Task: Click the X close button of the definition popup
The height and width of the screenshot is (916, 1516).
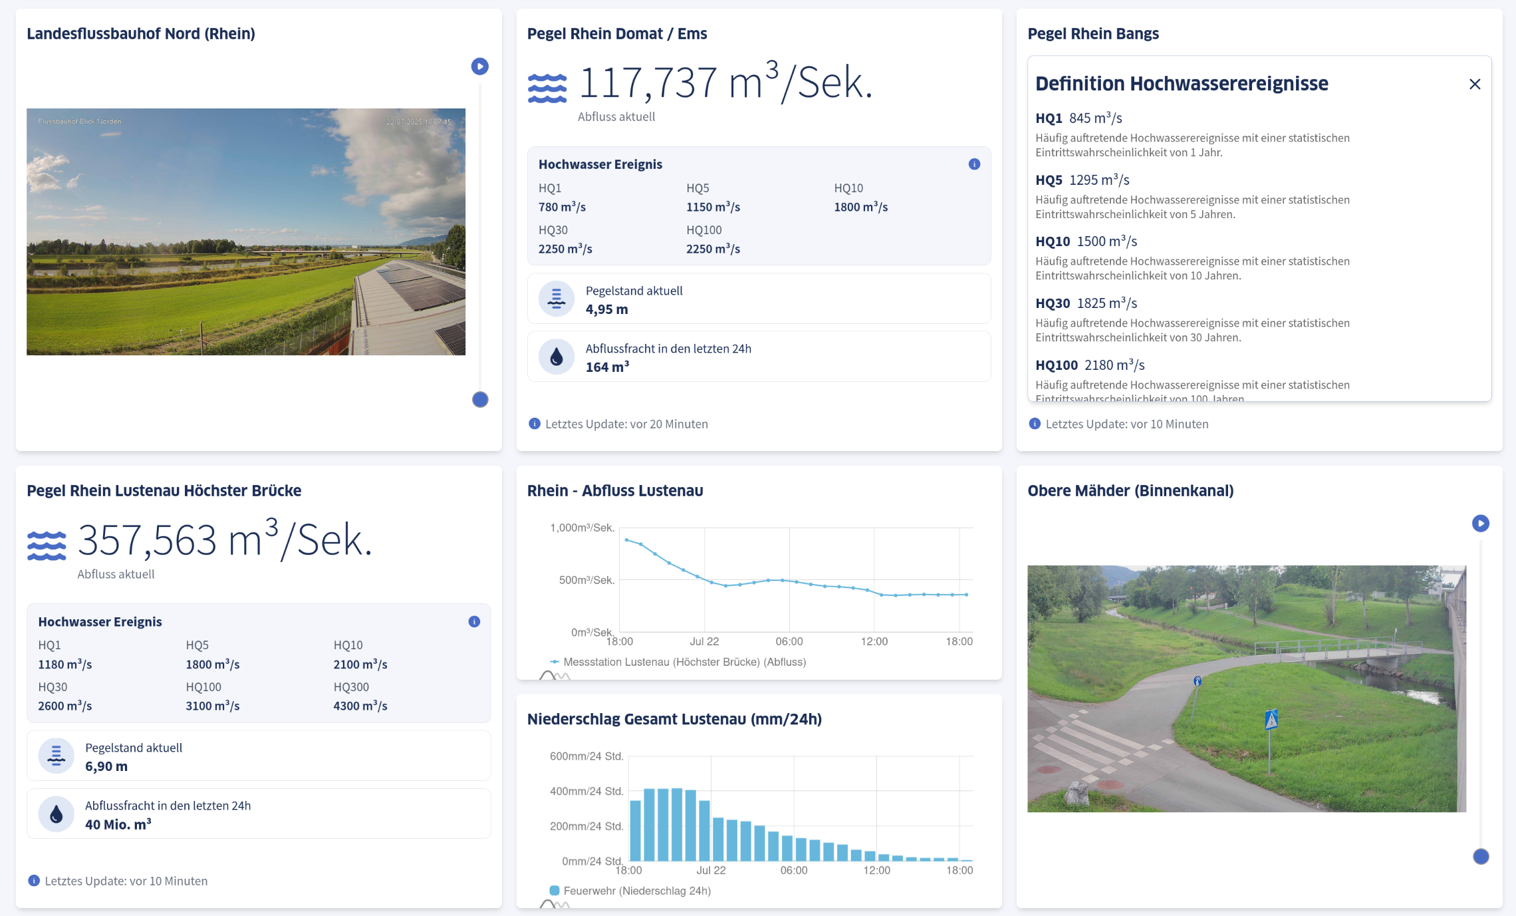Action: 1474,84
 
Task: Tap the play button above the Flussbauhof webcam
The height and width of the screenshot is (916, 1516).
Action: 479,67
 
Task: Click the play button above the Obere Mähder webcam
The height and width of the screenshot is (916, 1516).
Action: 1480,524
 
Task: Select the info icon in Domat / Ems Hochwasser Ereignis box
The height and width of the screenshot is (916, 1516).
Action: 973,164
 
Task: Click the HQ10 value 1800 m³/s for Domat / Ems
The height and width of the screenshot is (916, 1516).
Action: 860,207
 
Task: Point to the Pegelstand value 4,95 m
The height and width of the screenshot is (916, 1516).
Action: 606,309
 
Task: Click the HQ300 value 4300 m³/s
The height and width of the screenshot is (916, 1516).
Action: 360,706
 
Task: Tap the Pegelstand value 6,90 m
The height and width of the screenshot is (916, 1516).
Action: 106,766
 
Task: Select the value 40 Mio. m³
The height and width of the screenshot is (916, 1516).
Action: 118,824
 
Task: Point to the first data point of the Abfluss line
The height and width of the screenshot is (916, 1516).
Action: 626,539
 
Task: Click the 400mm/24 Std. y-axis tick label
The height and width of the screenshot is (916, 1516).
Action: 586,791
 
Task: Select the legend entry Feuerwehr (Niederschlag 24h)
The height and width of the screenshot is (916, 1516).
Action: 636,891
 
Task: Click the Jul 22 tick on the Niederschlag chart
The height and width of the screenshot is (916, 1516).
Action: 711,870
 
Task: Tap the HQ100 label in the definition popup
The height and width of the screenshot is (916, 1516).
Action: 1056,365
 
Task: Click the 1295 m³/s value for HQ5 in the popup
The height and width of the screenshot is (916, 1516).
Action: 1099,180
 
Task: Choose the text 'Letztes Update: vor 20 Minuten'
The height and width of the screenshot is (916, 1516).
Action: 626,424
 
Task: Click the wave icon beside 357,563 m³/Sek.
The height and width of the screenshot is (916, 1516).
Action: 47,545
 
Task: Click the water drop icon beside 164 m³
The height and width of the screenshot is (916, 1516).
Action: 557,357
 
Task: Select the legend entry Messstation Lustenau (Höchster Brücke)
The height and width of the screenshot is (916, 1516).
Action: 684,662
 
